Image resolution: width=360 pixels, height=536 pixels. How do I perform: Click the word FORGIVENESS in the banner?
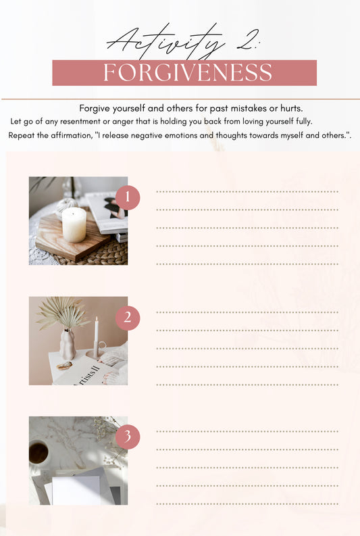click(x=188, y=72)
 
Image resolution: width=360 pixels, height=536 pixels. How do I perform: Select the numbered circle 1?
click(x=128, y=197)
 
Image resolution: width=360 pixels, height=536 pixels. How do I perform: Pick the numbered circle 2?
click(x=128, y=318)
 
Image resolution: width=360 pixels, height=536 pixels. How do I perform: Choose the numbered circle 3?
click(x=128, y=437)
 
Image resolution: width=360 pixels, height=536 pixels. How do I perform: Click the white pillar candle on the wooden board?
click(x=74, y=224)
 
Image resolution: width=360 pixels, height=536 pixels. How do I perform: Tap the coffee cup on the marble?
click(x=38, y=452)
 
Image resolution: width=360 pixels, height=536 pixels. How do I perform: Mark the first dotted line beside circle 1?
click(x=247, y=192)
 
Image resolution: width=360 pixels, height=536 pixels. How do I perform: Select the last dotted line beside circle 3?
click(x=247, y=504)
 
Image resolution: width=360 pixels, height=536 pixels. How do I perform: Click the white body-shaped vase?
click(x=68, y=344)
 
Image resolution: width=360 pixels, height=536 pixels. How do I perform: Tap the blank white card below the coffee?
click(x=76, y=489)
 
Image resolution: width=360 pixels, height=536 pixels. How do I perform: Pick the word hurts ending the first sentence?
click(x=291, y=108)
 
